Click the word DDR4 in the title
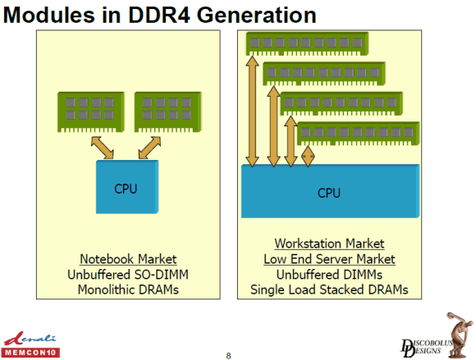(158, 15)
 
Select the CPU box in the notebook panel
(127, 187)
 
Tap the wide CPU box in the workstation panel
(330, 191)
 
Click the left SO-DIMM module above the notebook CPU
(91, 112)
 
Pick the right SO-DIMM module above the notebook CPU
(168, 112)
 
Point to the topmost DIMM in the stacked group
(307, 43)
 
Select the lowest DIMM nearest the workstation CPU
(358, 134)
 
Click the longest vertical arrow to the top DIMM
(252, 112)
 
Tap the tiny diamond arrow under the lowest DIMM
(308, 157)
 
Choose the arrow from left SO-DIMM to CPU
(103, 148)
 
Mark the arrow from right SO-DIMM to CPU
(149, 148)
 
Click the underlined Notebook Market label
(128, 259)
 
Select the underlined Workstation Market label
(329, 244)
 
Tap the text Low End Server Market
(329, 259)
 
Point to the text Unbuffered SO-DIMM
(128, 275)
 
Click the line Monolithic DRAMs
(128, 289)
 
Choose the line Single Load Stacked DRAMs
(329, 289)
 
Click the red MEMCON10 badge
(30, 353)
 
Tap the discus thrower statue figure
(459, 335)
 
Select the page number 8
(229, 356)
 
